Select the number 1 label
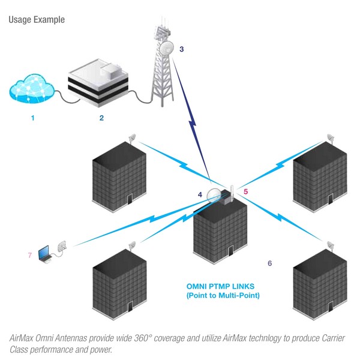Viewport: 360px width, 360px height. point(33,118)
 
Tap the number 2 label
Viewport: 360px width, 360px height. point(101,118)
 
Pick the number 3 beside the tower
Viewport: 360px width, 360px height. point(182,49)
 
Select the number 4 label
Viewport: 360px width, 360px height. point(200,194)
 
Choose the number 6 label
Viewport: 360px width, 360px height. point(269,263)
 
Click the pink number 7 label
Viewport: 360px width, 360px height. point(28,256)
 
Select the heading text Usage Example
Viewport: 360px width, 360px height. point(37,20)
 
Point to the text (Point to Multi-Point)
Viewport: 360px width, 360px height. point(223,296)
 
